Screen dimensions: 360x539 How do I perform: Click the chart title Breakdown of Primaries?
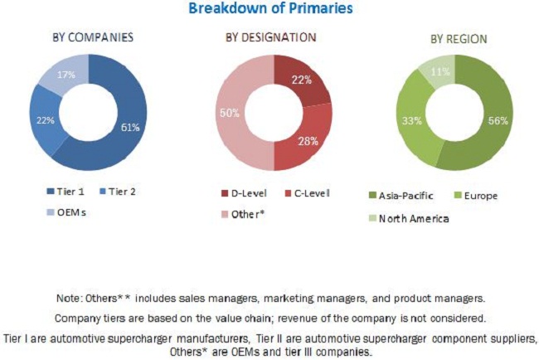pyautogui.click(x=270, y=9)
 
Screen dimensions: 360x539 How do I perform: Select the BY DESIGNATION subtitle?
pyautogui.click(x=270, y=37)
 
